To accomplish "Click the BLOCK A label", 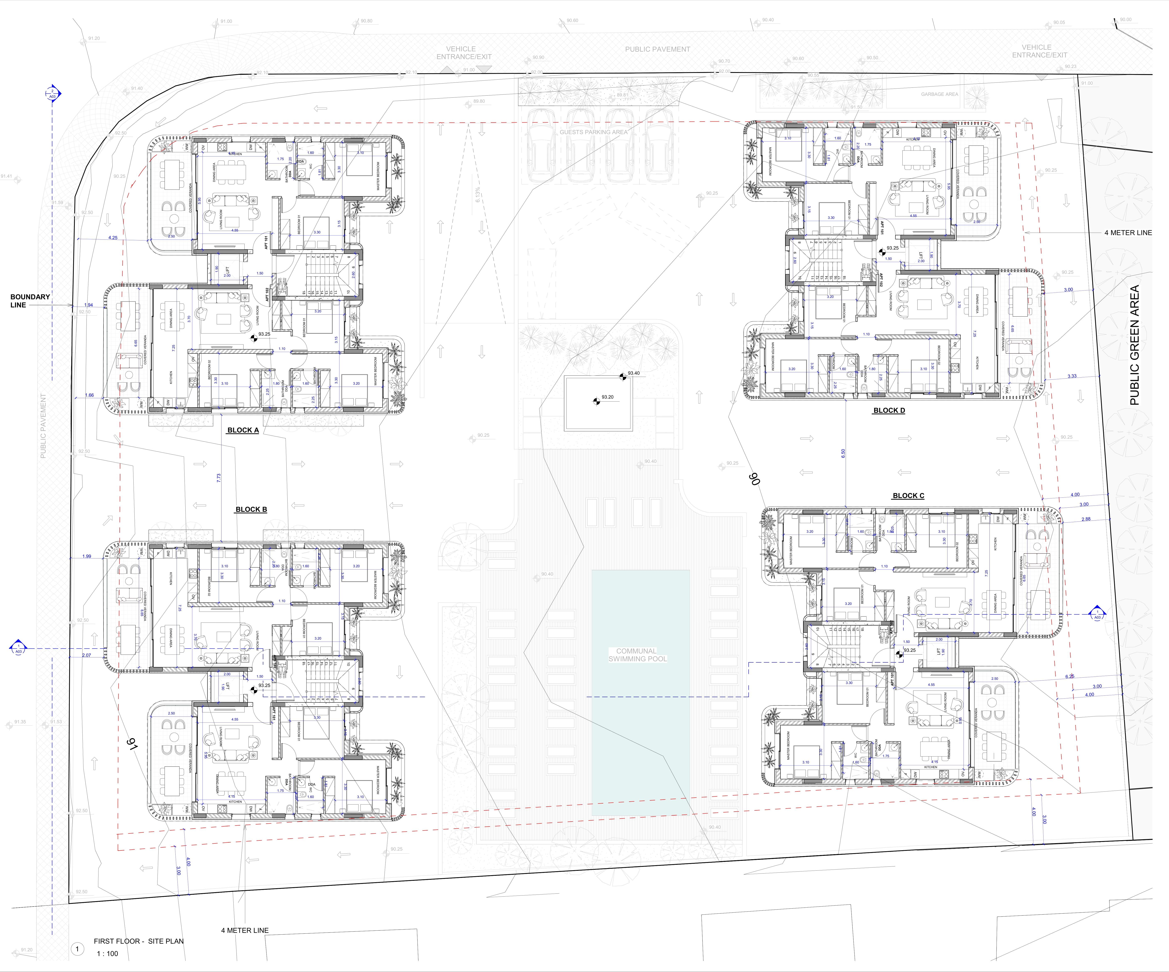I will pos(243,430).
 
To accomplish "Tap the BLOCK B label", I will pos(251,509).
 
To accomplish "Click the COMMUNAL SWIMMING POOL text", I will pos(637,655).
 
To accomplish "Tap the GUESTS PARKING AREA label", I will pos(593,132).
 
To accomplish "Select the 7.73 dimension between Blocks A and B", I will pos(219,478).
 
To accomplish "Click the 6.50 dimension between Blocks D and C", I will pos(843,453).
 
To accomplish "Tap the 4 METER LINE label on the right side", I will pos(1128,233).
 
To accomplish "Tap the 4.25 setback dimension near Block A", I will pos(113,238).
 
